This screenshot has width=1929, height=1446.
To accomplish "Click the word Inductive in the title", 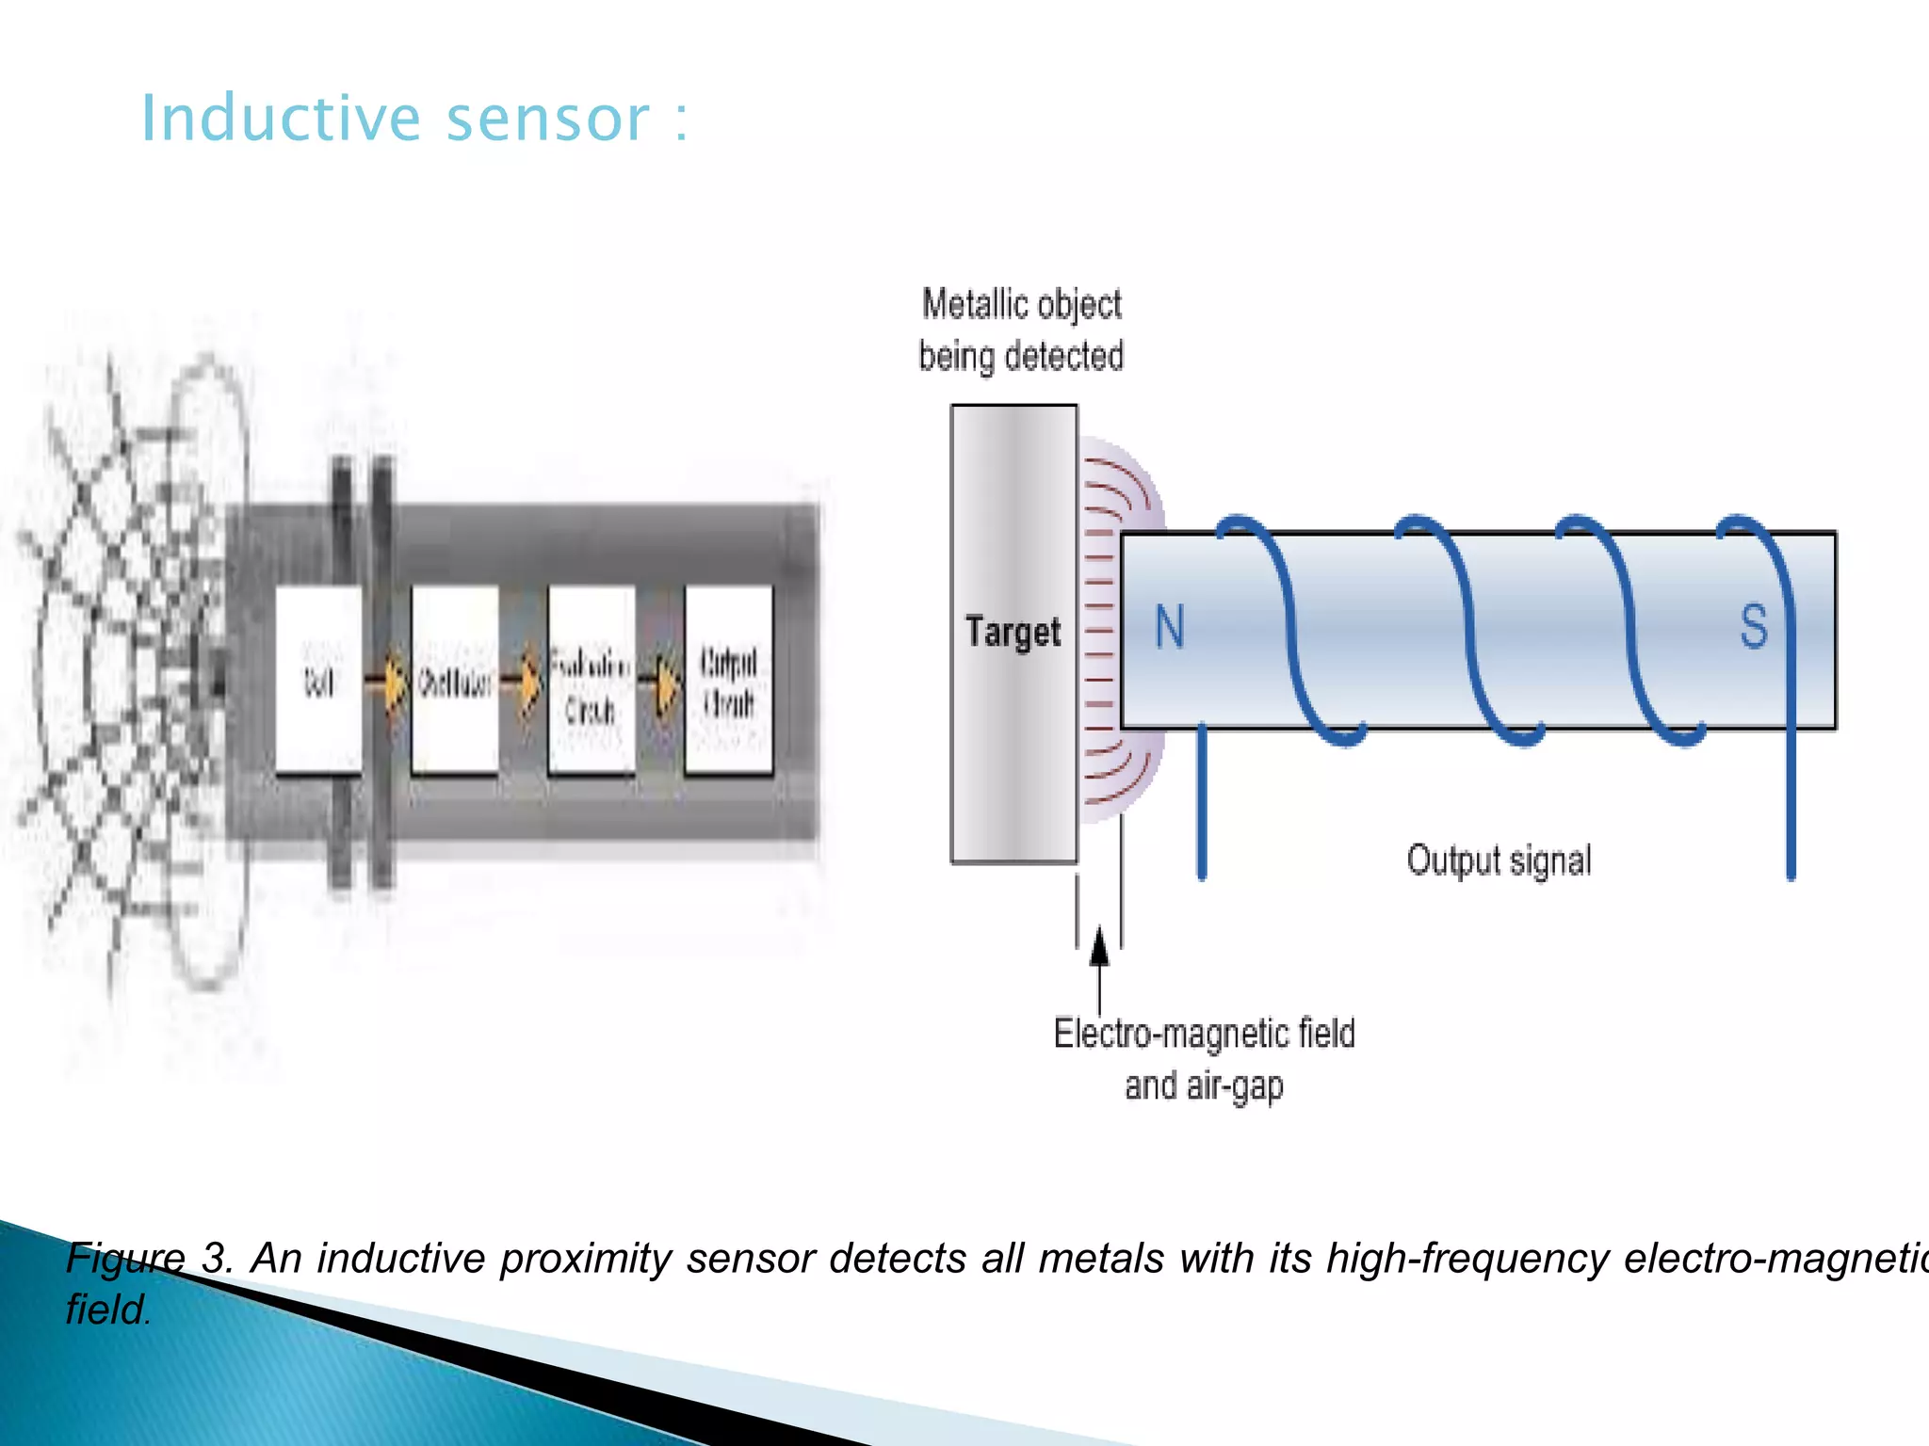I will (280, 120).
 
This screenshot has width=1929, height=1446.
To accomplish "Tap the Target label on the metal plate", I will (1013, 632).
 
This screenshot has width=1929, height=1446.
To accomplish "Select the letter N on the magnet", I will (1169, 627).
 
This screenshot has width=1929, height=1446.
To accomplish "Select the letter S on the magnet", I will (1753, 627).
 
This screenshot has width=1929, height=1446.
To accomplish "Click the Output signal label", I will (1499, 860).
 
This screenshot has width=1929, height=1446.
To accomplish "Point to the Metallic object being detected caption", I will (1021, 330).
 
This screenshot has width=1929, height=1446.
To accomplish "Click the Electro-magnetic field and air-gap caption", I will (1204, 1059).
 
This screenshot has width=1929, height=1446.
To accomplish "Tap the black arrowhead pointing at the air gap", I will (1099, 947).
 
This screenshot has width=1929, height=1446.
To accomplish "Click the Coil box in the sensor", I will (318, 680).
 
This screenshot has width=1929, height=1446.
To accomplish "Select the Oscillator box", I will (455, 680).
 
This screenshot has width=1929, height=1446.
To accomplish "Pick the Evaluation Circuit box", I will (591, 680).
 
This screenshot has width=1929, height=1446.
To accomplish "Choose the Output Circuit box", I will (728, 680).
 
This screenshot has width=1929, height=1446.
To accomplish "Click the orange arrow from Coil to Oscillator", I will (387, 680).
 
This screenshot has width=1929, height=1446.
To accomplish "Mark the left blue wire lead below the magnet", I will (1201, 810).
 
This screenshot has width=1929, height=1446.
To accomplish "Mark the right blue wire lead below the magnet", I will (1791, 810).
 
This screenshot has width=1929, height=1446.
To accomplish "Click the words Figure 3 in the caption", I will (149, 1259).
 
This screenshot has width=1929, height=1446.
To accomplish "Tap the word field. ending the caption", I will (108, 1309).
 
